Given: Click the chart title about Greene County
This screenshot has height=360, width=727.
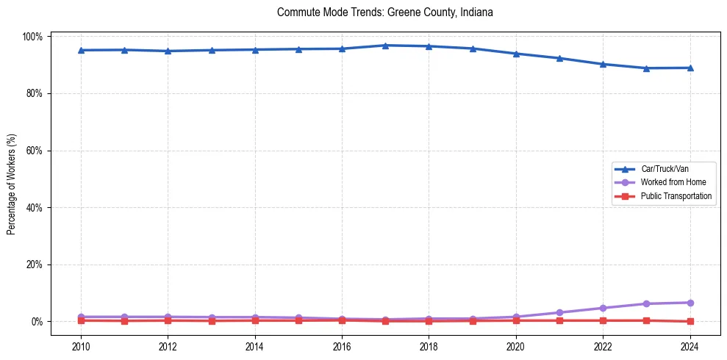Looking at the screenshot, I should click(384, 12).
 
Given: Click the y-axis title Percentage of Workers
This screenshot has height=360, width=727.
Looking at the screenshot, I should click(12, 179).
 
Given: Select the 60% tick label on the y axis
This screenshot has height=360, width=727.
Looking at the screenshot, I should click(35, 151).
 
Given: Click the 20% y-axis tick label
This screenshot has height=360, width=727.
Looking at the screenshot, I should click(35, 264).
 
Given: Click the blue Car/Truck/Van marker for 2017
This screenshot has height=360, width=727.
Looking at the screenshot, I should click(385, 46).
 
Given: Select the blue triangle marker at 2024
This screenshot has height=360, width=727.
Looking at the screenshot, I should click(690, 68).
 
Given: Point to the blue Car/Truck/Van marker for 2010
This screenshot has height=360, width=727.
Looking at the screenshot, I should click(81, 50).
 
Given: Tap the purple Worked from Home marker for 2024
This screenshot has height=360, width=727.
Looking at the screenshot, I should click(690, 303).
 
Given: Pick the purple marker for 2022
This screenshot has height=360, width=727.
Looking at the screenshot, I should click(603, 308).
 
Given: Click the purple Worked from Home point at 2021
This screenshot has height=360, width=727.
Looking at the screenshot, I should click(559, 312).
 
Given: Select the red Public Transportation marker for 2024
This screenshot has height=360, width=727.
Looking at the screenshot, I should click(690, 321).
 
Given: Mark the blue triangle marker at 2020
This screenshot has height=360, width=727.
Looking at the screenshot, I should click(516, 54).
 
